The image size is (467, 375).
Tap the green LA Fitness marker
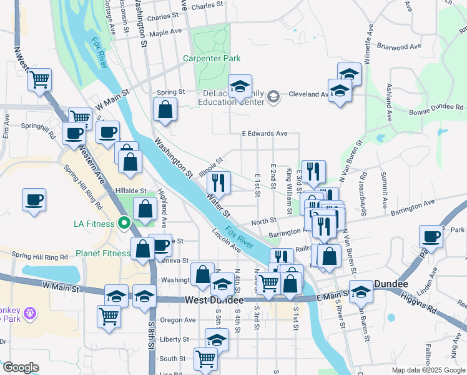point(124,222)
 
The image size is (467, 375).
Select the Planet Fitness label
point(103,253)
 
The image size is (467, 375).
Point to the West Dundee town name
point(214,301)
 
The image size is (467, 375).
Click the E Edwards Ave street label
point(264,133)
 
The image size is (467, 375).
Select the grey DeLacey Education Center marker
point(273,96)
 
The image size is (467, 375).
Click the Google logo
point(21,367)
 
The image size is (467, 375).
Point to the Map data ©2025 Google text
point(428,370)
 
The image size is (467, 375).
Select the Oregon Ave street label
point(178,320)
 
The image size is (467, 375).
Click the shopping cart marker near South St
point(205,359)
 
